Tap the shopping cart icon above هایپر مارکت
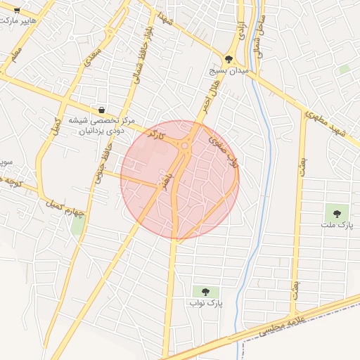point(17,9)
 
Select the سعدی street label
point(93,55)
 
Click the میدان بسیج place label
point(229,71)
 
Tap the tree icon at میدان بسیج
point(229,59)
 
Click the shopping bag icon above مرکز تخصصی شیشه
point(103,110)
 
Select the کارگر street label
point(167,139)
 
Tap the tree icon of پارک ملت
point(336,212)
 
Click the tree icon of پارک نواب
point(205,291)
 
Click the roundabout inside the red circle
point(185,147)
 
